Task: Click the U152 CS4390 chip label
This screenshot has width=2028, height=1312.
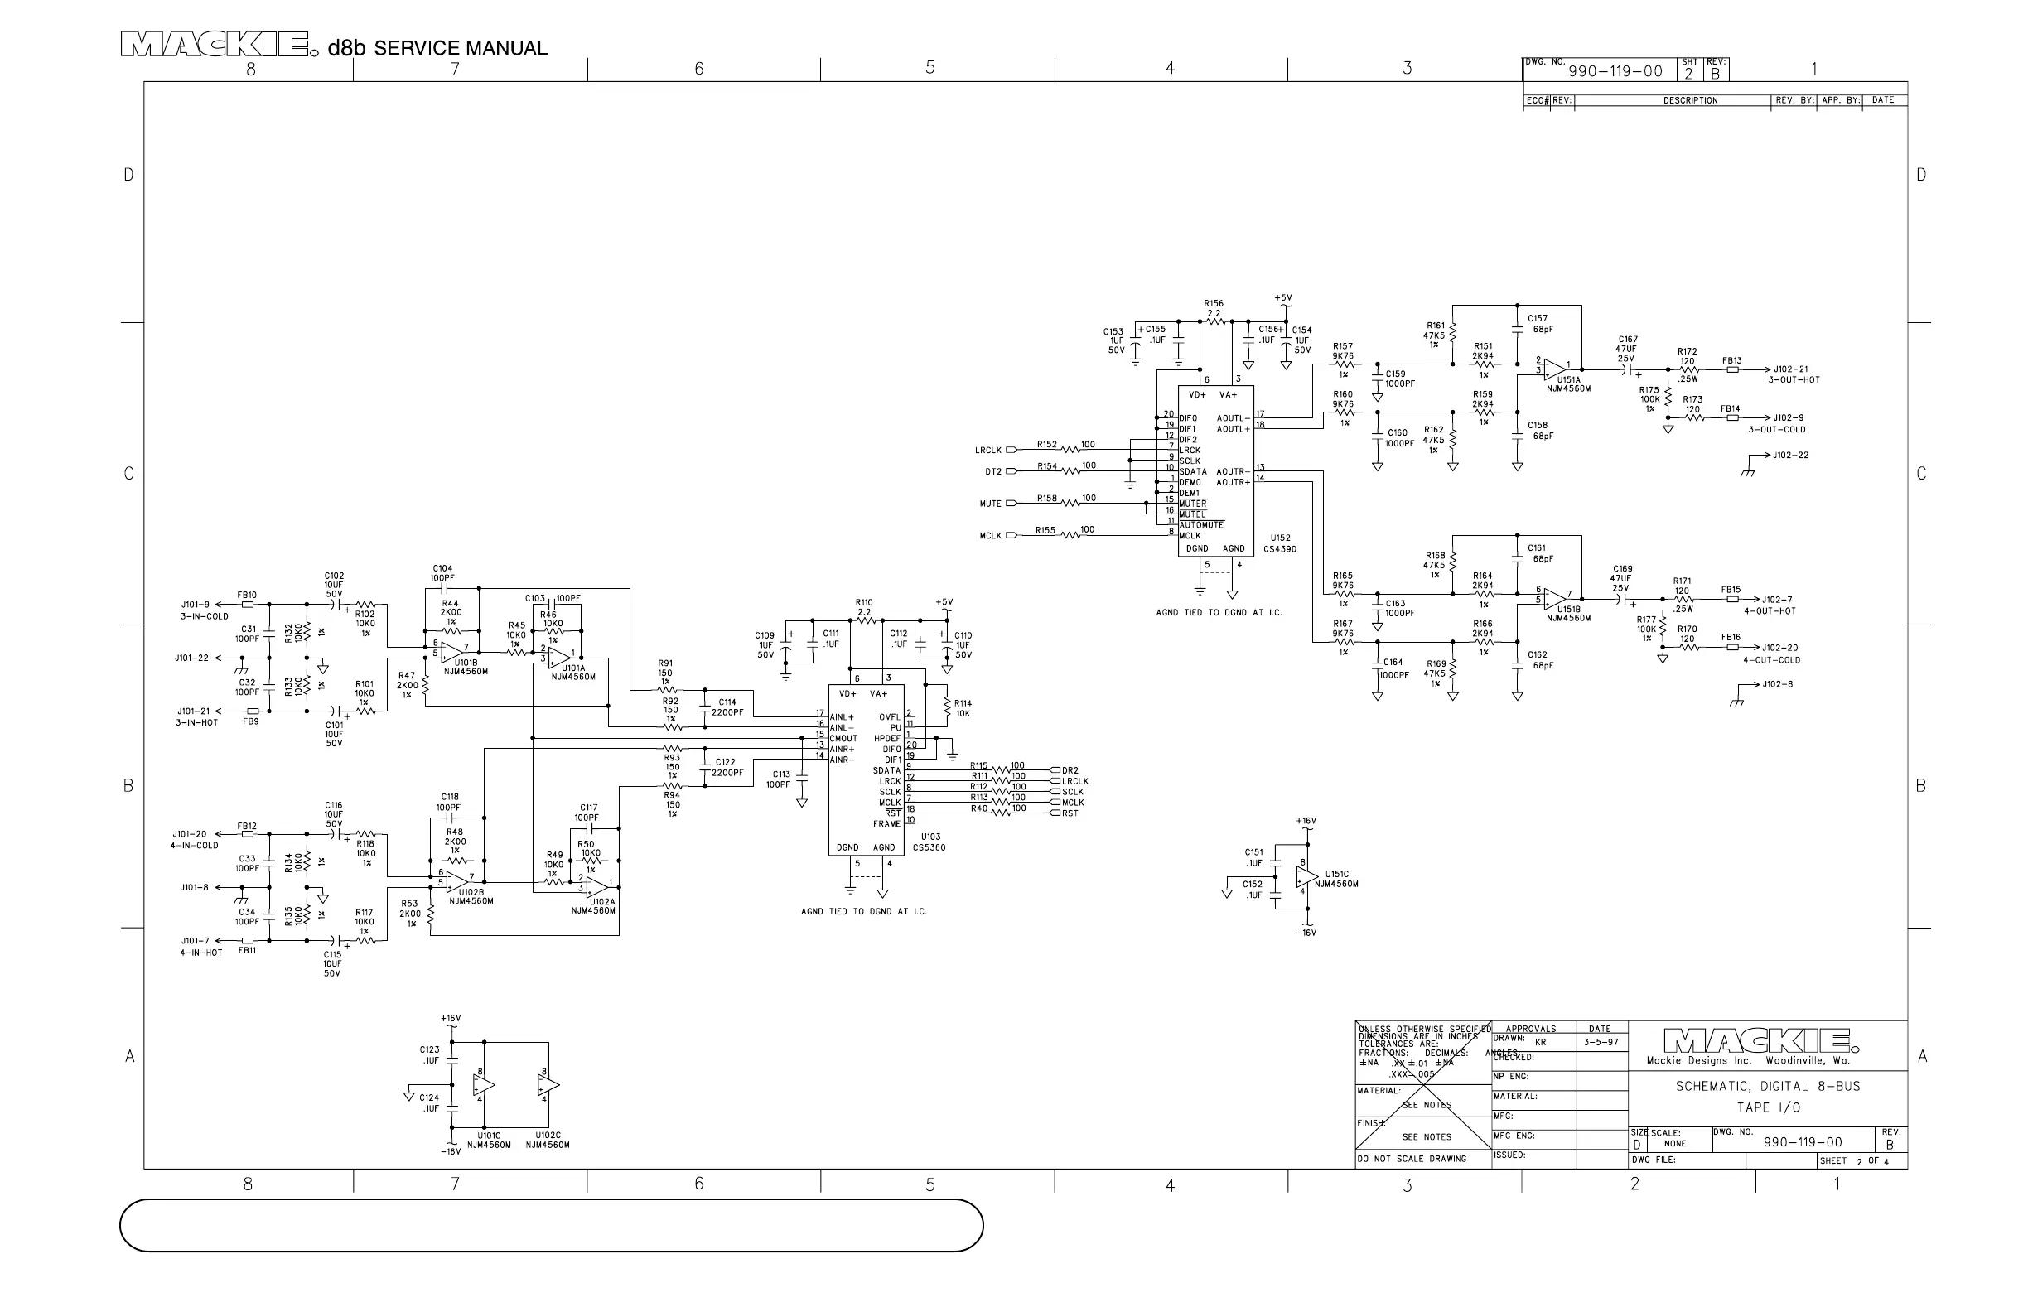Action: click(x=1279, y=543)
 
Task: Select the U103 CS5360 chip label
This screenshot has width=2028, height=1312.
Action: click(x=929, y=842)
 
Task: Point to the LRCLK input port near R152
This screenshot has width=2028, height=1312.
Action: click(x=1012, y=450)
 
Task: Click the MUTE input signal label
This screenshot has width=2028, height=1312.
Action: click(x=990, y=504)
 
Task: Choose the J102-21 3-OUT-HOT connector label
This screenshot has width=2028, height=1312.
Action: click(x=1794, y=374)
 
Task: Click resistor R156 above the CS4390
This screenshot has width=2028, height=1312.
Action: click(x=1214, y=309)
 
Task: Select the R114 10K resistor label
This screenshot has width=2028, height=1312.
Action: click(x=962, y=708)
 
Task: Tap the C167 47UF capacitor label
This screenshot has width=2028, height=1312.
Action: click(x=1626, y=349)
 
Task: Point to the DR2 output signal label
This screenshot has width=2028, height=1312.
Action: click(x=1070, y=770)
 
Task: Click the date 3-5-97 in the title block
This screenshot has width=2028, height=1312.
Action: click(x=1601, y=1041)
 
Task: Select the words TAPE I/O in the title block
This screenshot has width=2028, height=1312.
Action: click(x=1767, y=1107)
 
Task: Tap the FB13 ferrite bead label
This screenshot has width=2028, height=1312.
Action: click(x=1731, y=360)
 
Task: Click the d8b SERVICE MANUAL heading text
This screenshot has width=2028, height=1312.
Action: click(x=437, y=48)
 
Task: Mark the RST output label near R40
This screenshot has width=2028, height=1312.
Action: click(x=1070, y=813)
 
